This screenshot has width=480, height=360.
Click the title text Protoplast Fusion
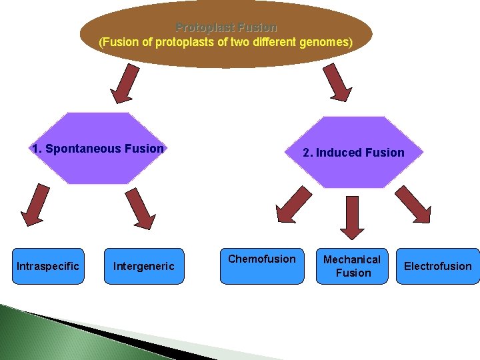point(226,28)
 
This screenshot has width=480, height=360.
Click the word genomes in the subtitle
point(325,42)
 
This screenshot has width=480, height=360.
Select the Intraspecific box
point(48,267)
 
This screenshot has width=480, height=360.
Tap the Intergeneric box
point(143,267)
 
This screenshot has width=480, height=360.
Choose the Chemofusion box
point(262,266)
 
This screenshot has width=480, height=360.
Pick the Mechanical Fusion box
point(353,266)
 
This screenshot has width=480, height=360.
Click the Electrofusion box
point(437,266)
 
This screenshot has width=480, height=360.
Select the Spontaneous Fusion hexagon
point(98,149)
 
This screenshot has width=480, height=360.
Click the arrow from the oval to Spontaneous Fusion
point(127,83)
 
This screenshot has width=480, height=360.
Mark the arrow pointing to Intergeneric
point(140,208)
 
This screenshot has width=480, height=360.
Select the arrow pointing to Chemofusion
point(293,204)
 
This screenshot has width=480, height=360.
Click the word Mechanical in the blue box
point(352,259)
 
